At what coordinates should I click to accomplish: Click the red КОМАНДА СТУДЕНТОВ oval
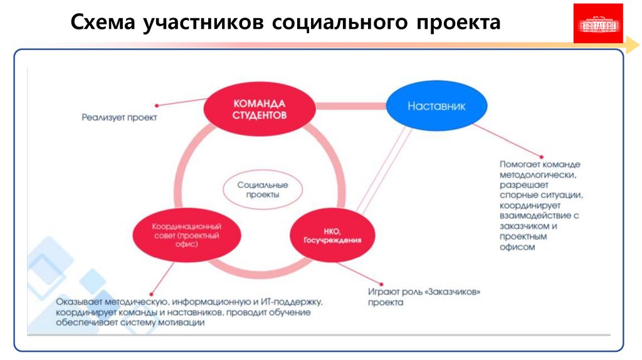tap(260, 109)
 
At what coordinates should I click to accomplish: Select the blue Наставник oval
tap(436, 106)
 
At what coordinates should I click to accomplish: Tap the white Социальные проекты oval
tap(263, 189)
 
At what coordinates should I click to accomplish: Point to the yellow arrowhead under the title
tap(629, 45)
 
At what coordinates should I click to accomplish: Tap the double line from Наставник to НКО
tap(381, 171)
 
